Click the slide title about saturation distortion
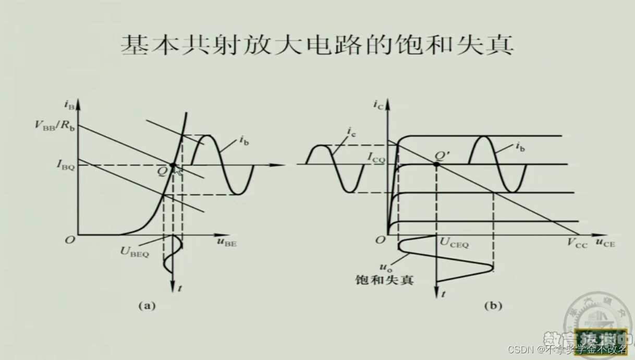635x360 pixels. (x=317, y=46)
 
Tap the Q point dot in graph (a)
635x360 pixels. (x=173, y=165)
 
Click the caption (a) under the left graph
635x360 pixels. (x=146, y=306)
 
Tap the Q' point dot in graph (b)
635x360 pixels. (x=436, y=164)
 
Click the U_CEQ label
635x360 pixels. (x=455, y=243)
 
